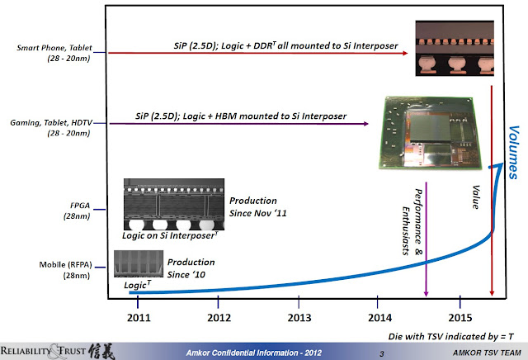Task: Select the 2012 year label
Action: [x=218, y=317]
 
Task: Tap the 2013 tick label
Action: [x=299, y=317]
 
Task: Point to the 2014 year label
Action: [x=379, y=317]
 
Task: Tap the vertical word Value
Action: [x=475, y=195]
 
